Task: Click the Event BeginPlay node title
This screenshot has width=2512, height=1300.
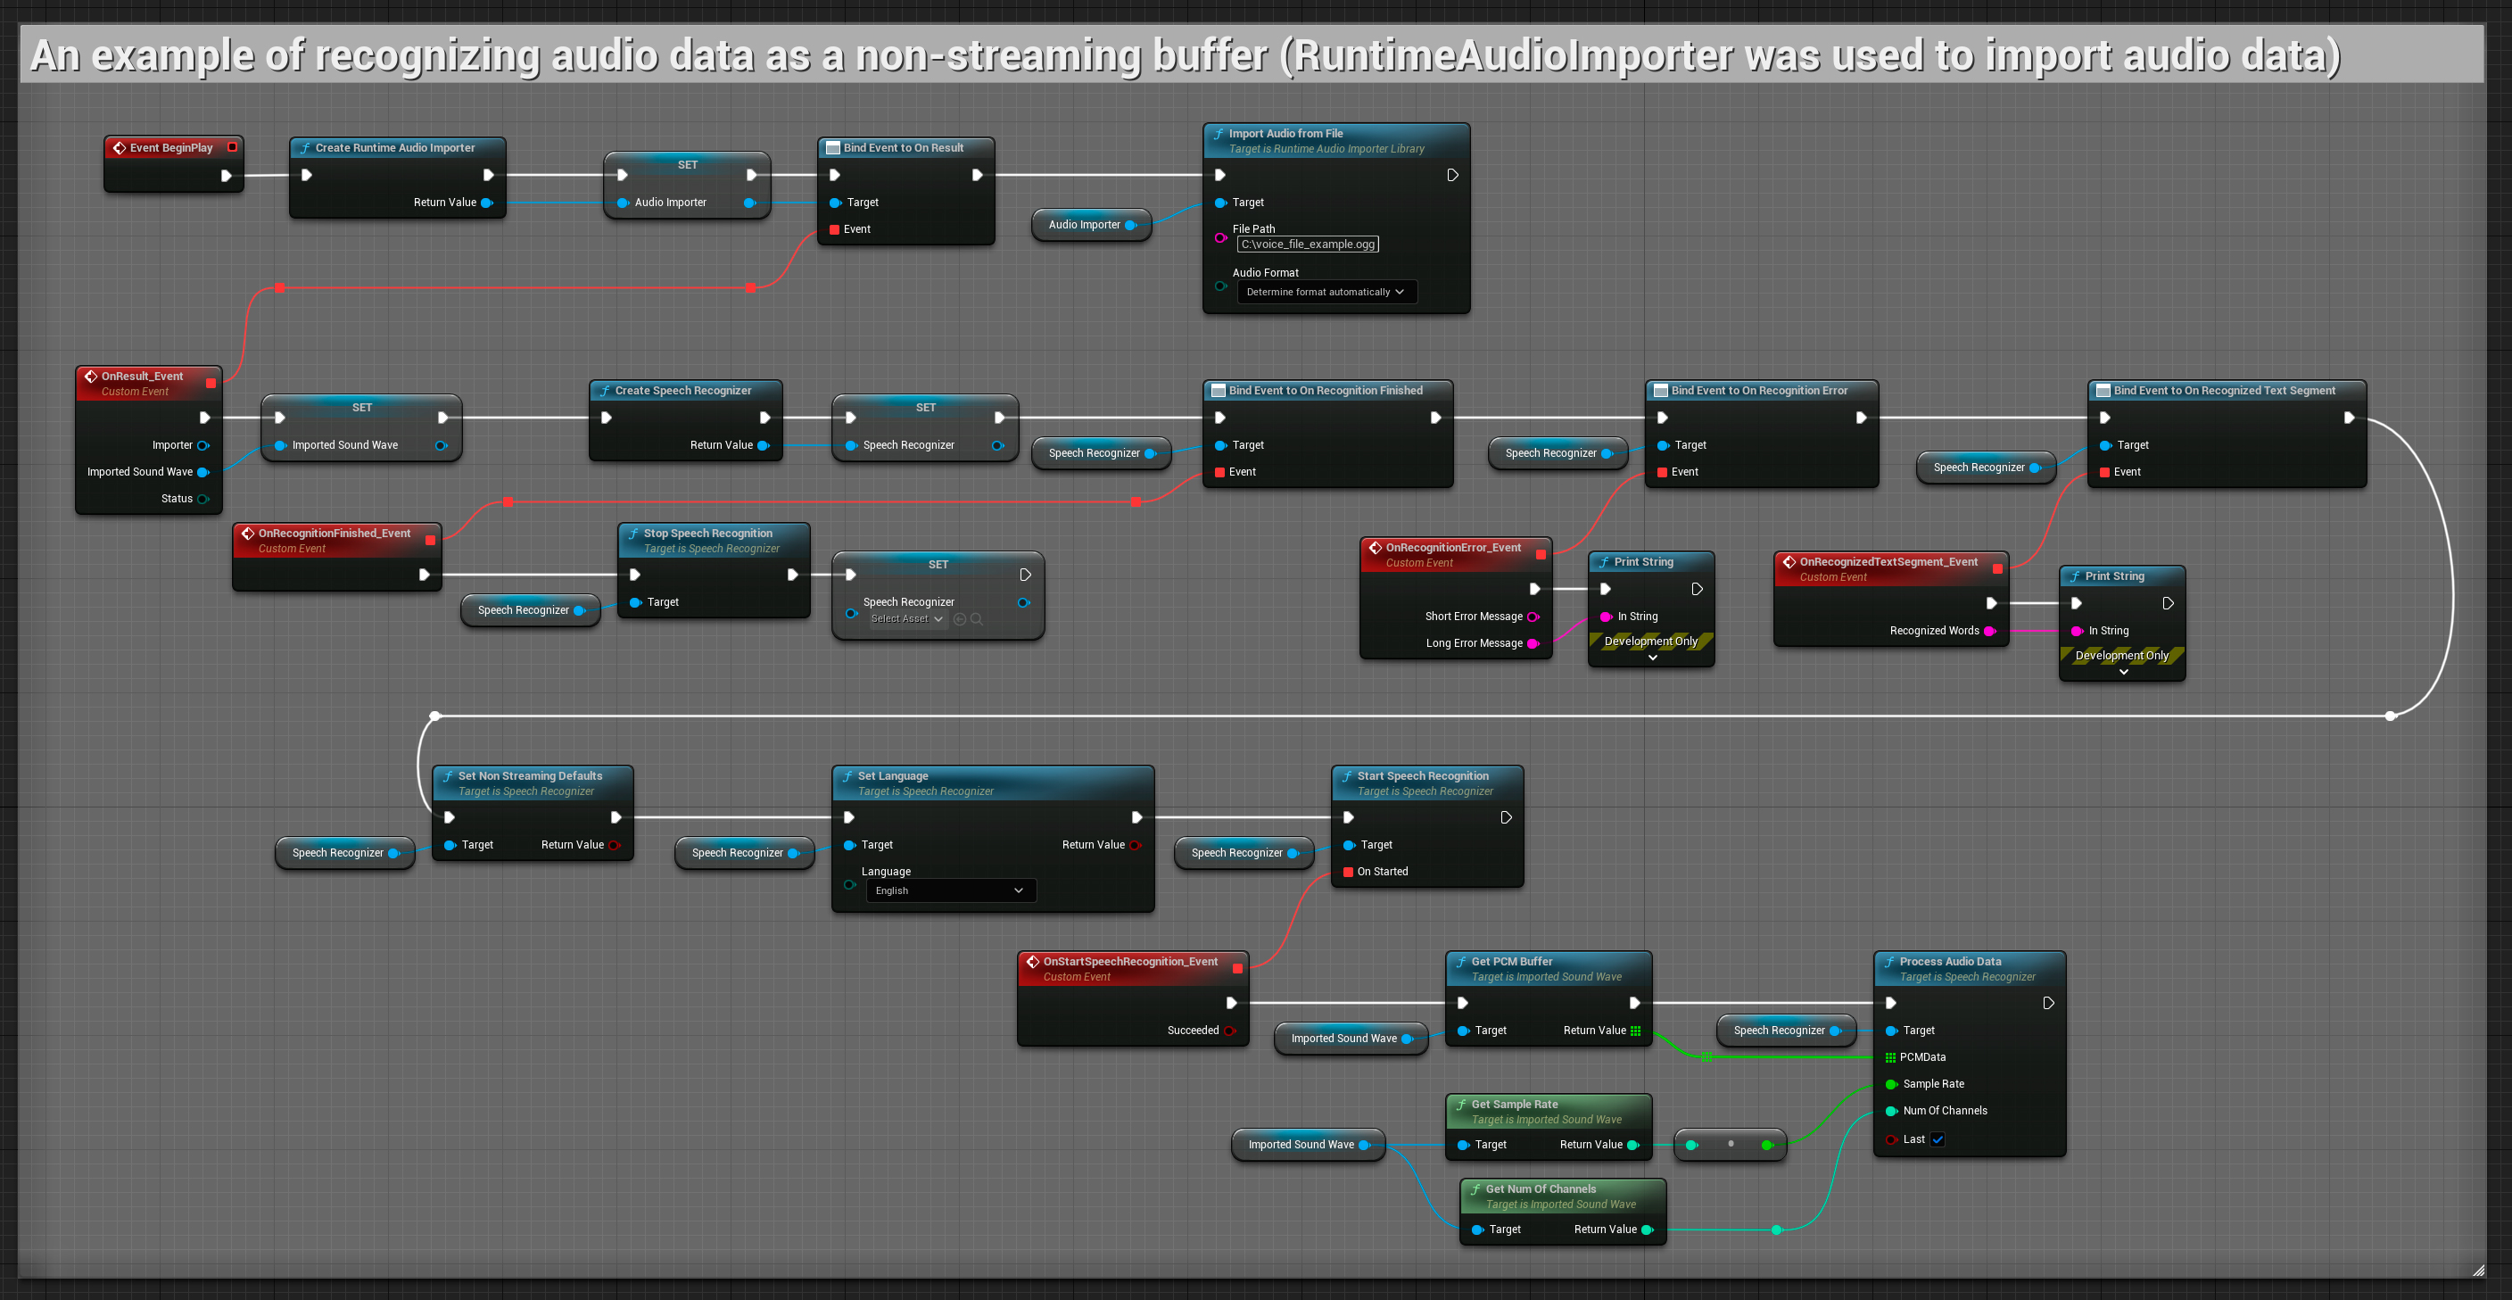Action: click(170, 148)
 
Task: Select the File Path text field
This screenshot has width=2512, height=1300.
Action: click(1307, 244)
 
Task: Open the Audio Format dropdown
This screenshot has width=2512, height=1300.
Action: click(1326, 293)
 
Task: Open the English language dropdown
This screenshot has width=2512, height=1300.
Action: click(950, 890)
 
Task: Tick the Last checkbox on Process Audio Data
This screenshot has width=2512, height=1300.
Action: click(1938, 1140)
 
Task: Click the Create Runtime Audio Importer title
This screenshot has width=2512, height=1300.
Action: click(394, 148)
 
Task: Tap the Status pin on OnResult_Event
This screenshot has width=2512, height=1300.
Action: click(202, 500)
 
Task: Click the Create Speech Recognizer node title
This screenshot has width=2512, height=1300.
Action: click(682, 391)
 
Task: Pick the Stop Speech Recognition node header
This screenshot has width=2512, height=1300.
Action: click(707, 534)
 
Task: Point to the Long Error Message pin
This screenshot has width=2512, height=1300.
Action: click(1532, 643)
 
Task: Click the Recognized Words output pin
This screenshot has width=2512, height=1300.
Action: click(1989, 631)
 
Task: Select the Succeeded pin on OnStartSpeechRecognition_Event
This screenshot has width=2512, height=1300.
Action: click(1228, 1031)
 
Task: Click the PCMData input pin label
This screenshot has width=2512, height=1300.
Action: click(1922, 1057)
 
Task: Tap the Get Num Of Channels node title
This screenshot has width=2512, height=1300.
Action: click(1540, 1189)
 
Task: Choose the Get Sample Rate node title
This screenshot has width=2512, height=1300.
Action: click(1514, 1105)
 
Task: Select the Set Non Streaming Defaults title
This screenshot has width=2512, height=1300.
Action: click(530, 776)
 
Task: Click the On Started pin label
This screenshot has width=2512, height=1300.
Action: click(1382, 872)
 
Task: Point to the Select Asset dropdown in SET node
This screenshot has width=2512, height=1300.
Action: click(906, 619)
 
